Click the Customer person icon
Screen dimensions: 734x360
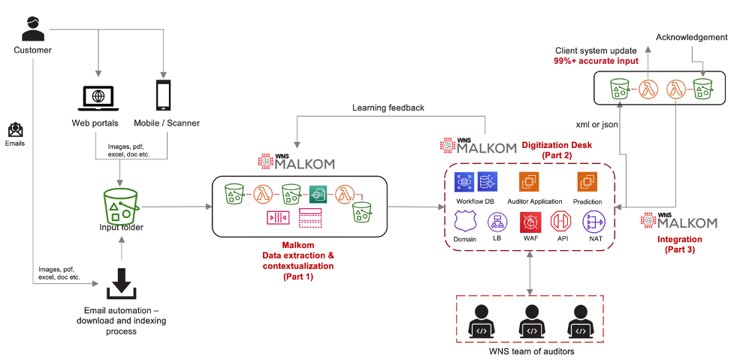(x=32, y=29)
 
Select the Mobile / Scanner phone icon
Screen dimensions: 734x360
(x=163, y=95)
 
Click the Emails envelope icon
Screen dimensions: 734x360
(x=16, y=129)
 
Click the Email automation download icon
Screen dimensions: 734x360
(x=121, y=283)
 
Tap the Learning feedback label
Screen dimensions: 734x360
(x=388, y=107)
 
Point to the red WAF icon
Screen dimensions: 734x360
(x=530, y=222)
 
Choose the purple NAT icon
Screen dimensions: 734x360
(x=593, y=222)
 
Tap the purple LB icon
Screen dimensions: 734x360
(x=497, y=222)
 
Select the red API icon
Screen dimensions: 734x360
(x=562, y=222)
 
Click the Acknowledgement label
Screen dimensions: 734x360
(x=691, y=38)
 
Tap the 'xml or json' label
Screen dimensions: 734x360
(x=597, y=125)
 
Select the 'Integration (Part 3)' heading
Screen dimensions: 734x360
(x=679, y=245)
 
